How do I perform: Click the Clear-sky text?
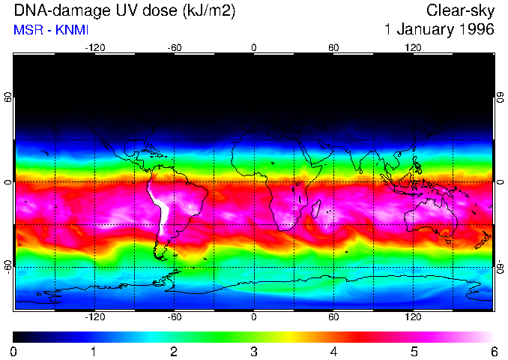[460, 10]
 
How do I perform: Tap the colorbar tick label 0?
[14, 351]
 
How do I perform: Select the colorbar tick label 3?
[253, 351]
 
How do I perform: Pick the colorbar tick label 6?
[493, 351]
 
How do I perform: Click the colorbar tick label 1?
[94, 351]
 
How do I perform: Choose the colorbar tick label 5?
[413, 351]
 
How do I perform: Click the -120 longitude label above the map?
[94, 47]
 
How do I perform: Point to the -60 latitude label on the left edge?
[8, 266]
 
